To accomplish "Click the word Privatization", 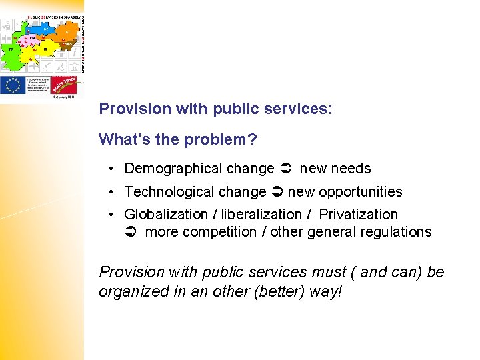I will (358, 215).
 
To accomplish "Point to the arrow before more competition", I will (131, 232).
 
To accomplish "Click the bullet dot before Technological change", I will (115, 192).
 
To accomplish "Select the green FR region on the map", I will (12, 55).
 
